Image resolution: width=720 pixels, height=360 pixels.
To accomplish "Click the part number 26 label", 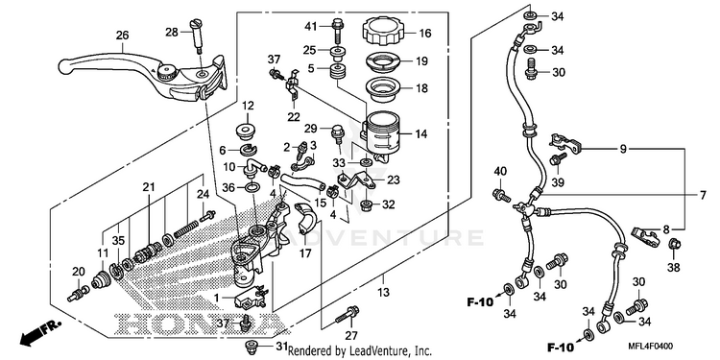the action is point(122,36).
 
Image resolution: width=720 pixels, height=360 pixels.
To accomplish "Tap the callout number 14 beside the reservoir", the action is point(421,134).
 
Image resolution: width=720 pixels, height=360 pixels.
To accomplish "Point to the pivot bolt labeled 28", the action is point(198,34).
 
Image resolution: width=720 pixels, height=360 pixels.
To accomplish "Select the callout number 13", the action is point(383,292).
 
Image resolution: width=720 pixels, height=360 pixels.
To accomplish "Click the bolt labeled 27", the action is point(348,315).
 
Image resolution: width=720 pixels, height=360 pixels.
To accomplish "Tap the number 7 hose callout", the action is point(703,195).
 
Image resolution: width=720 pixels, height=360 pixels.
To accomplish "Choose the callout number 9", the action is point(623,149).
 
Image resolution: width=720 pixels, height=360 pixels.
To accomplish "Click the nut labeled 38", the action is point(674,245).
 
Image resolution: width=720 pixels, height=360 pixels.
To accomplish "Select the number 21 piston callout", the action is point(148,187).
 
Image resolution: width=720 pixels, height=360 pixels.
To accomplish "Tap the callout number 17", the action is point(306,253).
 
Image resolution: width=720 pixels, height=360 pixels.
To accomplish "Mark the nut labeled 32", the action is point(366,204).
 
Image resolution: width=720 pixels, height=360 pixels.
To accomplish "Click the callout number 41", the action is point(311,27).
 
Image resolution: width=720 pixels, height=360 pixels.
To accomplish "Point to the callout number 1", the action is point(216,298).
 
